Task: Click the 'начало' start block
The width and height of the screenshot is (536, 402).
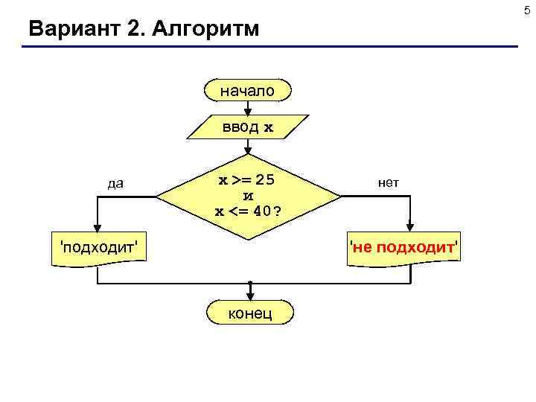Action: point(247,90)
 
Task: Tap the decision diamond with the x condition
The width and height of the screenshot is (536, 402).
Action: point(249,196)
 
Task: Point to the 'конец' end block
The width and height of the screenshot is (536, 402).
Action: point(250,313)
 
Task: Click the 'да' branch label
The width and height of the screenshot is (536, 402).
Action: point(115,183)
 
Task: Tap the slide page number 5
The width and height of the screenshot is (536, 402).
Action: point(529,8)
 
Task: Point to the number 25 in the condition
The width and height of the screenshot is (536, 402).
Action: point(268,181)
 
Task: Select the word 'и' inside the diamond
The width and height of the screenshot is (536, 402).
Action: point(249,196)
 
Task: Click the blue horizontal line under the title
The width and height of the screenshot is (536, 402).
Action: point(268,48)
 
